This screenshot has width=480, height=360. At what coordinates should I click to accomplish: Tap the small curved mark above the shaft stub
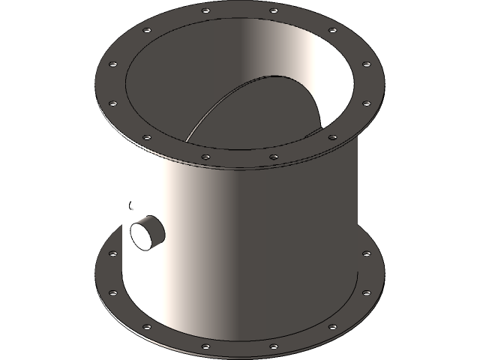pos(130,204)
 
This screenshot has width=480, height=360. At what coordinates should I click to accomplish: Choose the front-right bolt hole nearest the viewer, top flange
pos(274,157)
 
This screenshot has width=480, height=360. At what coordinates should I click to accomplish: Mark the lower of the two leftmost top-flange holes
pos(113,103)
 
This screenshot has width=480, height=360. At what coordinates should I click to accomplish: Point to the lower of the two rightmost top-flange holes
pos(366,103)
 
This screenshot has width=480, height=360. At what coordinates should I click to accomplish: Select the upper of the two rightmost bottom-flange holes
pos(366,253)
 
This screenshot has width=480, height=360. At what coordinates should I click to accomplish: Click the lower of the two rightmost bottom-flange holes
pos(366,293)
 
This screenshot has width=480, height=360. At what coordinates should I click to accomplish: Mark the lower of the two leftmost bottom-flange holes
pos(113,293)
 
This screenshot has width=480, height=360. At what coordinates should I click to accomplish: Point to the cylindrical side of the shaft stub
pos(154,225)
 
